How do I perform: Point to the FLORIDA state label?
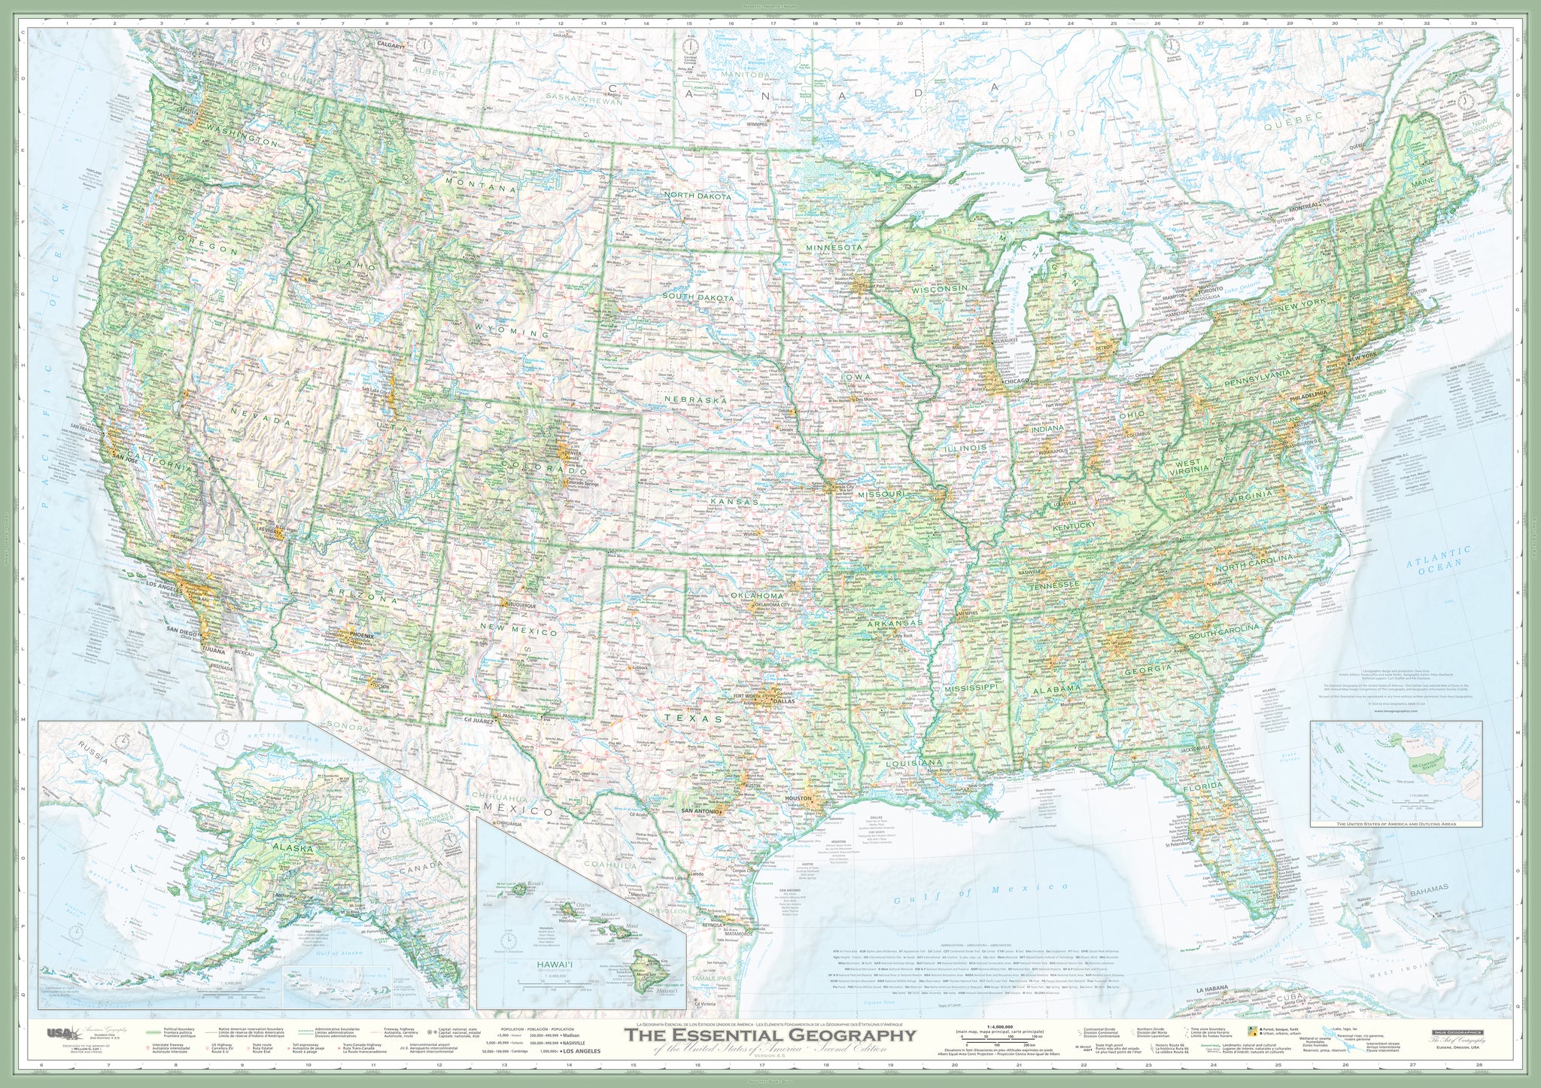coord(1202,786)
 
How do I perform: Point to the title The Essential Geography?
coord(770,1035)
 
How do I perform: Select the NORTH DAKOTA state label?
coord(698,196)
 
